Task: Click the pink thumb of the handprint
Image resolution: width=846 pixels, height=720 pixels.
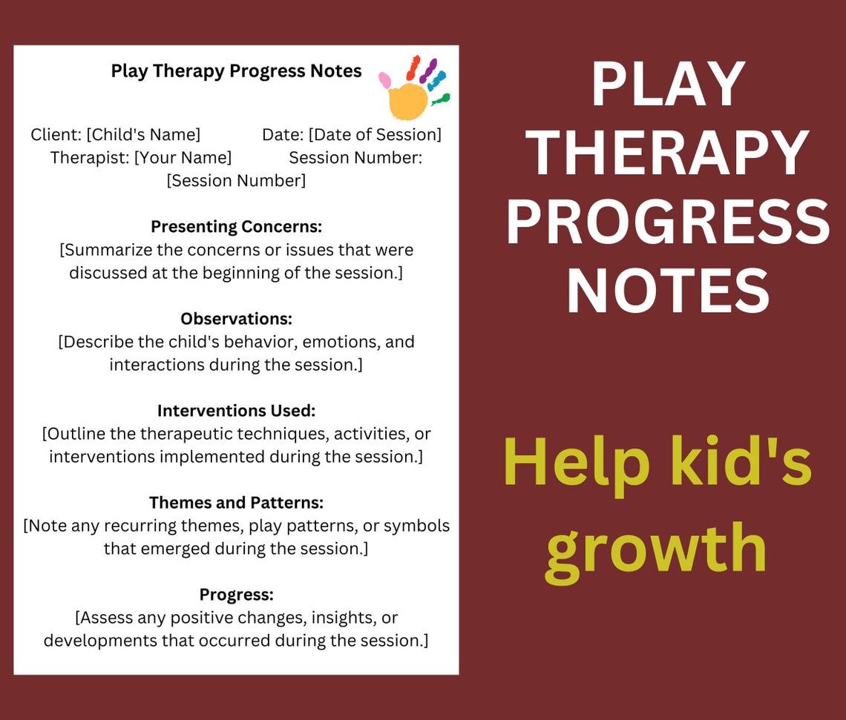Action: tap(385, 79)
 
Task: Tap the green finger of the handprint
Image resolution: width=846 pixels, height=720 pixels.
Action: tap(441, 98)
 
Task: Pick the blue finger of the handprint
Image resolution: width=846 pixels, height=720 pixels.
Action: tap(436, 80)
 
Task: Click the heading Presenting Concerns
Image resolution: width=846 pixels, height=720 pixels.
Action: tap(236, 226)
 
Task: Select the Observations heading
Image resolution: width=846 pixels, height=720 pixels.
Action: tap(236, 318)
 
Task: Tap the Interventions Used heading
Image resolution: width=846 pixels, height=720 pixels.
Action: tap(236, 410)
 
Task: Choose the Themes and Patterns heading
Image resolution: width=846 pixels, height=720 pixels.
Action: tap(236, 502)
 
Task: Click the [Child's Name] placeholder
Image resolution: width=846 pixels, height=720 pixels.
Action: tap(143, 134)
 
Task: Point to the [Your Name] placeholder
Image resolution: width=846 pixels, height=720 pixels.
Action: tap(183, 157)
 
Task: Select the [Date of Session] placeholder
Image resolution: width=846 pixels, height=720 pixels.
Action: tap(375, 134)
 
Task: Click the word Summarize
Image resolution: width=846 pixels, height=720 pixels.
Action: tap(104, 249)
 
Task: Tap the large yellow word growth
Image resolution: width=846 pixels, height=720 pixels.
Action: tap(656, 549)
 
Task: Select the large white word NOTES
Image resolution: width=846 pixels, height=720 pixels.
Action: tap(668, 291)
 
